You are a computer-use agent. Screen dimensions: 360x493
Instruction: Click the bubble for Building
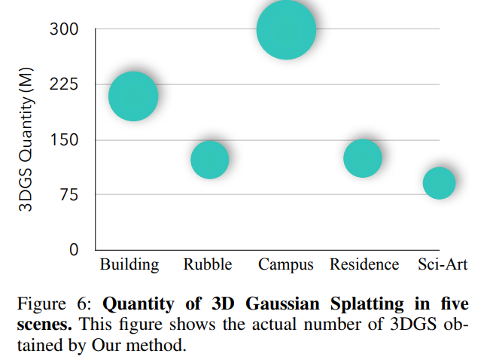pos(133,96)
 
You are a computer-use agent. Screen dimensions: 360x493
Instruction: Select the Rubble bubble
pos(209,160)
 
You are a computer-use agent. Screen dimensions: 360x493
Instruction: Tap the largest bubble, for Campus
pos(286,29)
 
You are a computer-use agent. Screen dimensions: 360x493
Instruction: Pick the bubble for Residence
pos(363,158)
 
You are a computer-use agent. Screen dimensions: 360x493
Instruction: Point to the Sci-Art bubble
pos(439,182)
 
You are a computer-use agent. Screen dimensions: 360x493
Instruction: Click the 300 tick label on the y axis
pos(64,29)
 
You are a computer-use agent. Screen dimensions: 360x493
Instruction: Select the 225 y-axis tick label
pos(64,84)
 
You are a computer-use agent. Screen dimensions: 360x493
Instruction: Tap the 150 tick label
pos(64,140)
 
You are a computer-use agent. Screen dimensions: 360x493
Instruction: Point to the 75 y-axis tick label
pos(68,195)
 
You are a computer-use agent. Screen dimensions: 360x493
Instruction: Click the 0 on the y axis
pos(74,250)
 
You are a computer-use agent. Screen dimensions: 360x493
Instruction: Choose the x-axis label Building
pos(129,264)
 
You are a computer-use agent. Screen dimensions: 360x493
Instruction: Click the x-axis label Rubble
pos(208,264)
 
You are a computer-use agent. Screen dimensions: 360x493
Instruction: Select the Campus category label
pos(286,264)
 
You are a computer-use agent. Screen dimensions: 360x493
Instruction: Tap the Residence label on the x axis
pos(364,264)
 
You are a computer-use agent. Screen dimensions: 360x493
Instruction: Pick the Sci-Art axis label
pos(443,264)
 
